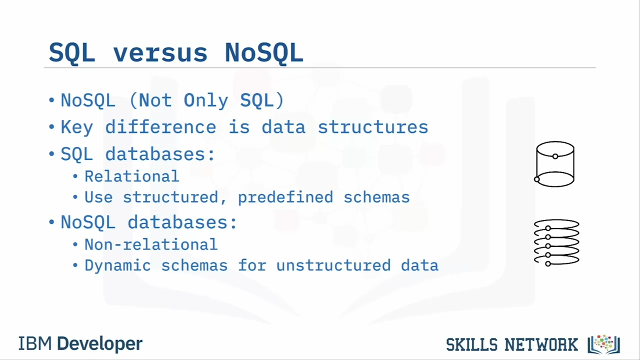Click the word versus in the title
click(x=160, y=53)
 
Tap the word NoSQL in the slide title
click(x=264, y=52)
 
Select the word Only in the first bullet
click(x=205, y=101)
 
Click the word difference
click(x=160, y=126)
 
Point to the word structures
click(x=373, y=127)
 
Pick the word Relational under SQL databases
click(x=131, y=176)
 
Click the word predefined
click(x=285, y=197)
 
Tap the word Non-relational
click(x=151, y=244)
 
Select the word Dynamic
click(x=117, y=265)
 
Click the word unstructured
click(x=333, y=265)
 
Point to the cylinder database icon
click(x=554, y=164)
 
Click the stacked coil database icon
click(x=556, y=242)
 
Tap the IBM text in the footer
click(x=35, y=343)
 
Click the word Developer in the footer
click(x=99, y=344)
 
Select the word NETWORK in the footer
click(x=541, y=344)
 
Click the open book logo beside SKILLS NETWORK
click(x=603, y=344)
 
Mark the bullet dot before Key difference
click(x=51, y=126)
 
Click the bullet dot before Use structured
click(x=75, y=197)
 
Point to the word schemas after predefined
click(x=376, y=197)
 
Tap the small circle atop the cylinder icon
click(x=555, y=156)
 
